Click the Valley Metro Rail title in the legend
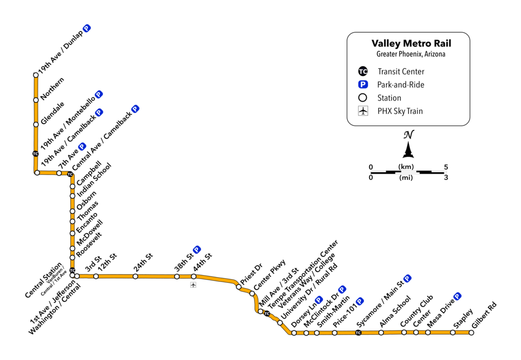(411, 44)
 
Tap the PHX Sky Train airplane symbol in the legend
(363, 111)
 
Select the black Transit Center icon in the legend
(363, 71)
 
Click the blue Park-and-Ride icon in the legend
(363, 84)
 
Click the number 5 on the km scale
(446, 167)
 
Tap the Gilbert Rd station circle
(471, 333)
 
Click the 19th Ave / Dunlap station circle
(36, 75)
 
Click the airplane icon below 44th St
(193, 285)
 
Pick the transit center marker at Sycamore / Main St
(358, 333)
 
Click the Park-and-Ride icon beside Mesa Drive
(457, 296)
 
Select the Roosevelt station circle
(72, 257)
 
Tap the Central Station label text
(45, 280)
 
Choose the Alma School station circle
(381, 333)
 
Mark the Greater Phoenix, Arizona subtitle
(411, 54)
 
